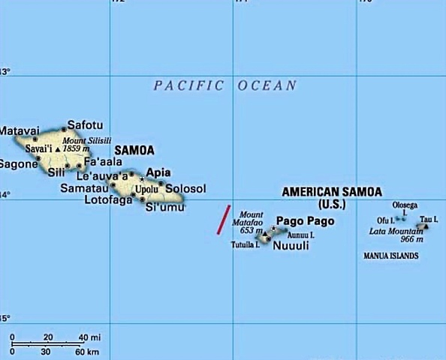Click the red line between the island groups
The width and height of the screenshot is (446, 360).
223,219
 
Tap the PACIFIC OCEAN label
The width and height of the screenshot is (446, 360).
225,85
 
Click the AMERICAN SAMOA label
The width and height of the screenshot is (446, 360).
332,192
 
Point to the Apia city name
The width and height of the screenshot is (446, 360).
158,172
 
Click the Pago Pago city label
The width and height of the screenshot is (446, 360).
306,221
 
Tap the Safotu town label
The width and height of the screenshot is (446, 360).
85,125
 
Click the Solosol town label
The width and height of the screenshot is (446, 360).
185,189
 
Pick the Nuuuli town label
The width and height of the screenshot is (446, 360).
291,245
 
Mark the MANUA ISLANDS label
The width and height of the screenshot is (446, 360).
390,256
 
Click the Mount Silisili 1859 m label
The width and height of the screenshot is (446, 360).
83,145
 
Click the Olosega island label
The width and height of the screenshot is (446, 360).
405,205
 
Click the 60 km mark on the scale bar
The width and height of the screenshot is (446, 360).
87,352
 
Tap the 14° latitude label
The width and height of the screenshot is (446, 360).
5,195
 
